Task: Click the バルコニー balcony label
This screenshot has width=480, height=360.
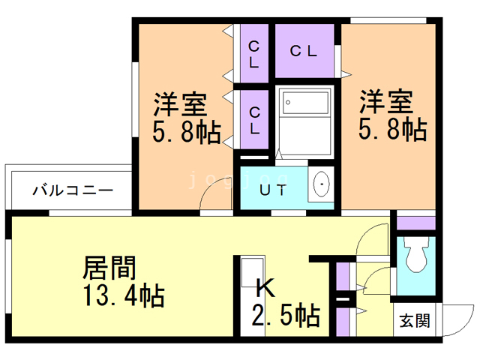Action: point(73,190)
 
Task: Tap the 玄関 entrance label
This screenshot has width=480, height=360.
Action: point(415,320)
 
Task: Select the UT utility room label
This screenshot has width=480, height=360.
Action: point(273,190)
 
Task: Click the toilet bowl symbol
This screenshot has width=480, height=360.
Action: point(416,255)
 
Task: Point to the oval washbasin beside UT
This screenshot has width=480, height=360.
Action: point(322,184)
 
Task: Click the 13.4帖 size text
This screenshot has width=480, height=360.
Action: point(124,295)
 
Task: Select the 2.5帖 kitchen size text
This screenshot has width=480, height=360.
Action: point(286,315)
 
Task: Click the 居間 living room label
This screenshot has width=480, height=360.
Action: point(109,268)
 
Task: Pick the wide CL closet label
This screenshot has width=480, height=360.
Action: point(303,51)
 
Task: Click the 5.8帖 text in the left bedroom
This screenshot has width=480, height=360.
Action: point(187,132)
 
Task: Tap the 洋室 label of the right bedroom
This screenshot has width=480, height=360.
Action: point(386,102)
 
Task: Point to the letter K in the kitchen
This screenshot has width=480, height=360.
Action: point(265,288)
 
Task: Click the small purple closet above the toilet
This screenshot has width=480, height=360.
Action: point(416,223)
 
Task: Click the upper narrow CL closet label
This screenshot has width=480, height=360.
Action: point(254,55)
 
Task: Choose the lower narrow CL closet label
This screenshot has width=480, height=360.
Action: point(255,120)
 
